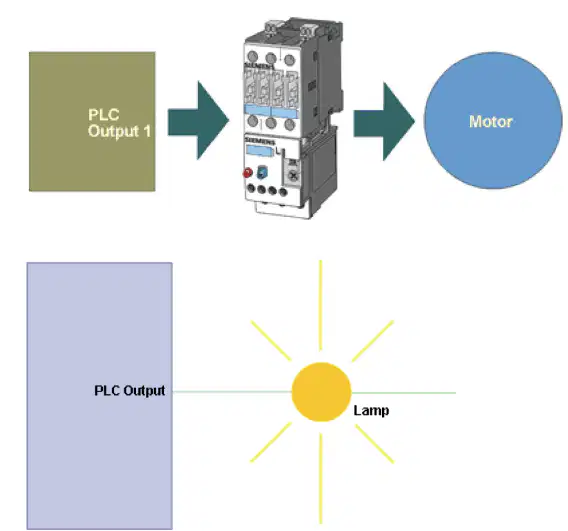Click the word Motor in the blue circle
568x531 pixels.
[x=490, y=121]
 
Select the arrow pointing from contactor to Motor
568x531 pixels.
[x=384, y=121]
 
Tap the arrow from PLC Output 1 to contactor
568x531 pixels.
[x=199, y=121]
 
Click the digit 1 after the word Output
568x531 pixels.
[x=147, y=131]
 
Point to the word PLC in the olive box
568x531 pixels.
[x=104, y=114]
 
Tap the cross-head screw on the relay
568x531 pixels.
[x=293, y=176]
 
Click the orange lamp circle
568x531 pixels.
[x=321, y=392]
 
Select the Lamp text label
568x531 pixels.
[x=371, y=411]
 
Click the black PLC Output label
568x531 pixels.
[x=130, y=390]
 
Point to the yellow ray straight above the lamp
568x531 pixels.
[x=320, y=305]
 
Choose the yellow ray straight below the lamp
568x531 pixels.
[x=321, y=478]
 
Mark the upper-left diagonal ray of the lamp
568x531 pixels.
[x=271, y=340]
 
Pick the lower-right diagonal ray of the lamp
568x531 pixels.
[x=375, y=444]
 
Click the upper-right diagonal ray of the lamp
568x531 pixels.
[x=372, y=341]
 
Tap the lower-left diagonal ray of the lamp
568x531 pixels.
[x=271, y=442]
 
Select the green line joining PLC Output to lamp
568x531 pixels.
[x=232, y=392]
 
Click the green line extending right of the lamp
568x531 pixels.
[x=404, y=393]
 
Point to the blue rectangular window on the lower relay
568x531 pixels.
[x=259, y=150]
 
